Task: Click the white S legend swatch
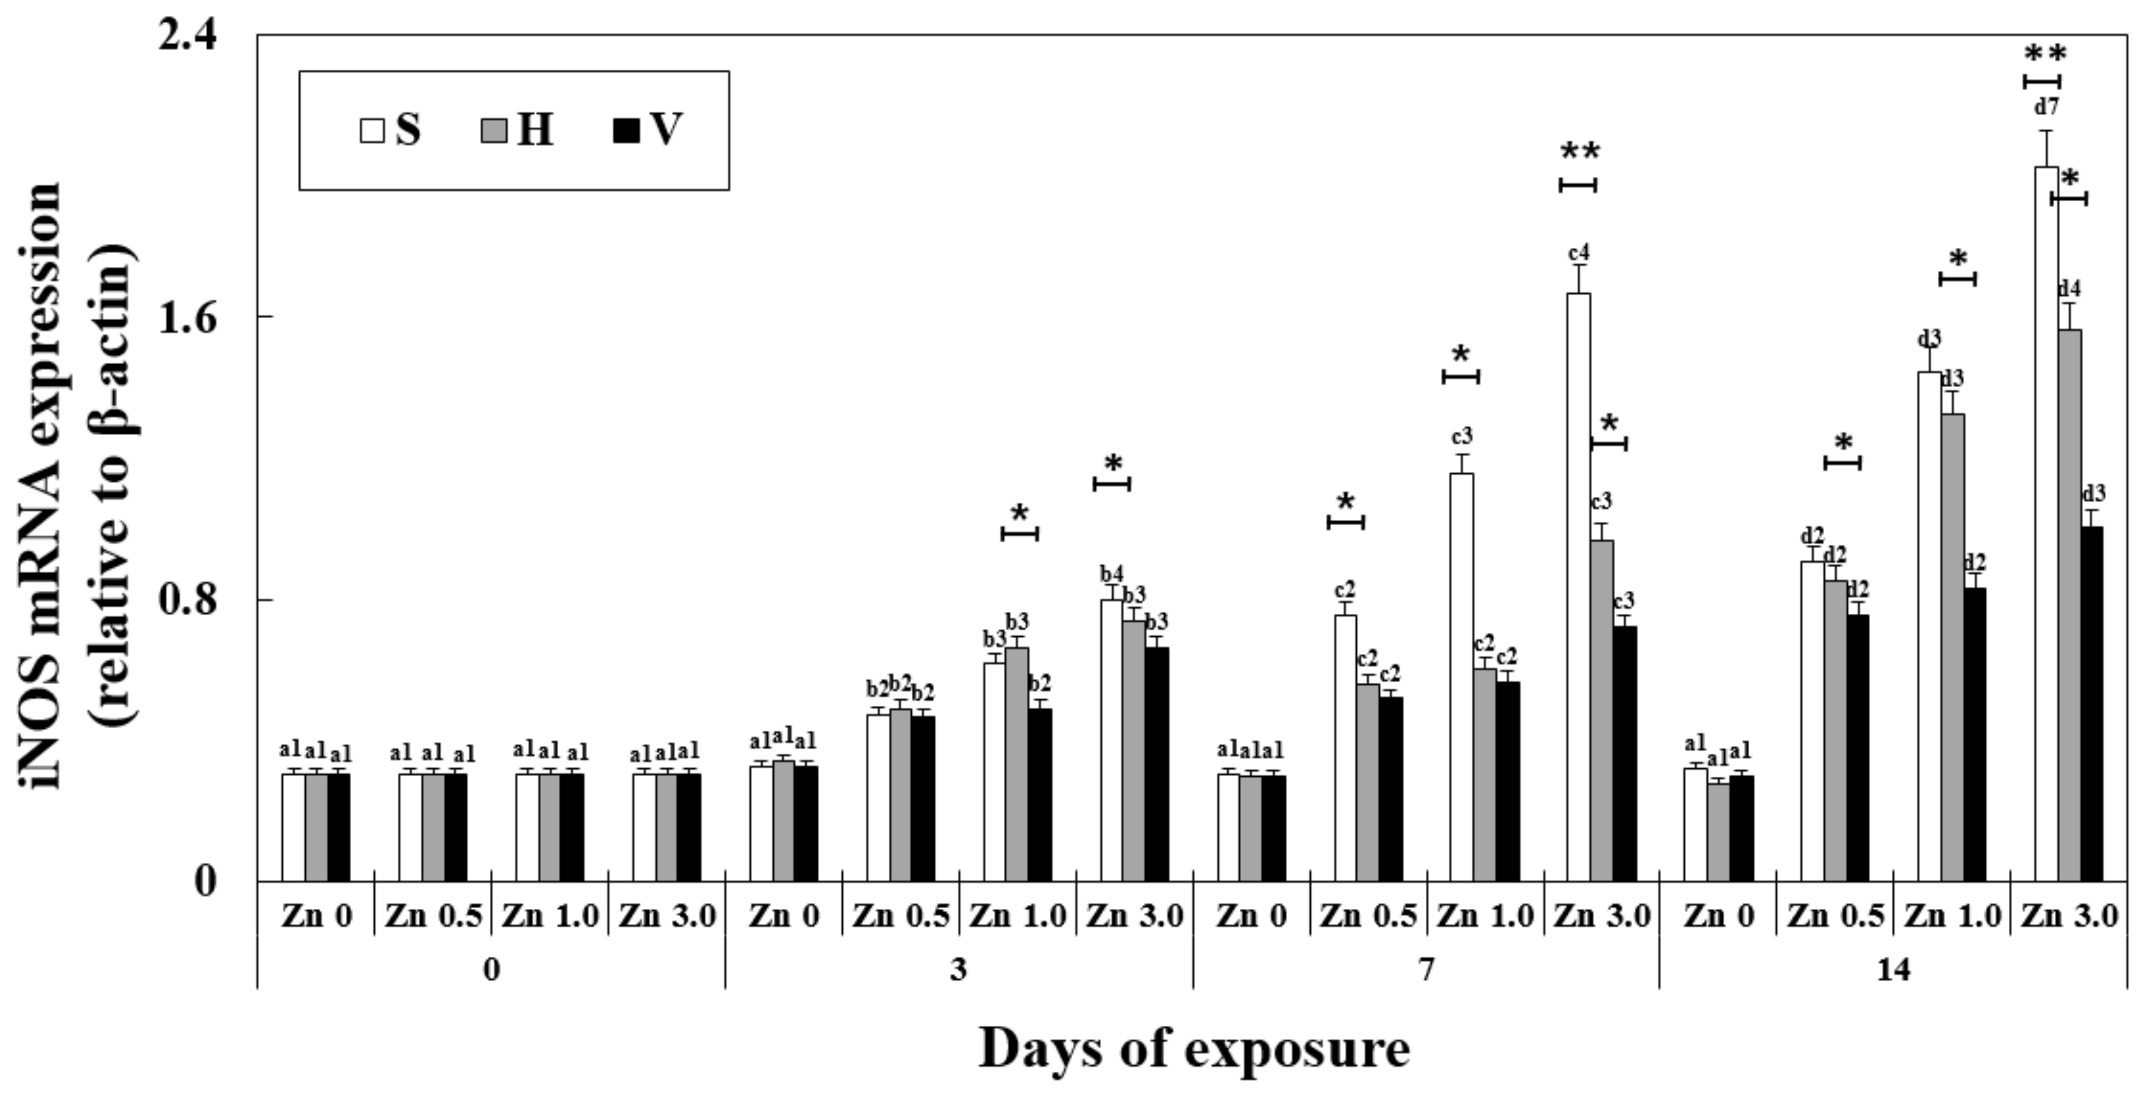coord(372,132)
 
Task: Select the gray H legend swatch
coord(494,132)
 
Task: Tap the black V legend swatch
coord(626,132)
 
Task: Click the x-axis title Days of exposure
coord(1193,1049)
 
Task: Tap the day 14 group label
coord(1893,970)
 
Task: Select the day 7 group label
coord(1426,970)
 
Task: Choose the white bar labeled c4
coord(1579,587)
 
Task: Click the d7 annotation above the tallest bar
coord(2047,107)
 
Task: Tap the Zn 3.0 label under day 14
coord(2069,917)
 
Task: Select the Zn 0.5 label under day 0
coord(433,917)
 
